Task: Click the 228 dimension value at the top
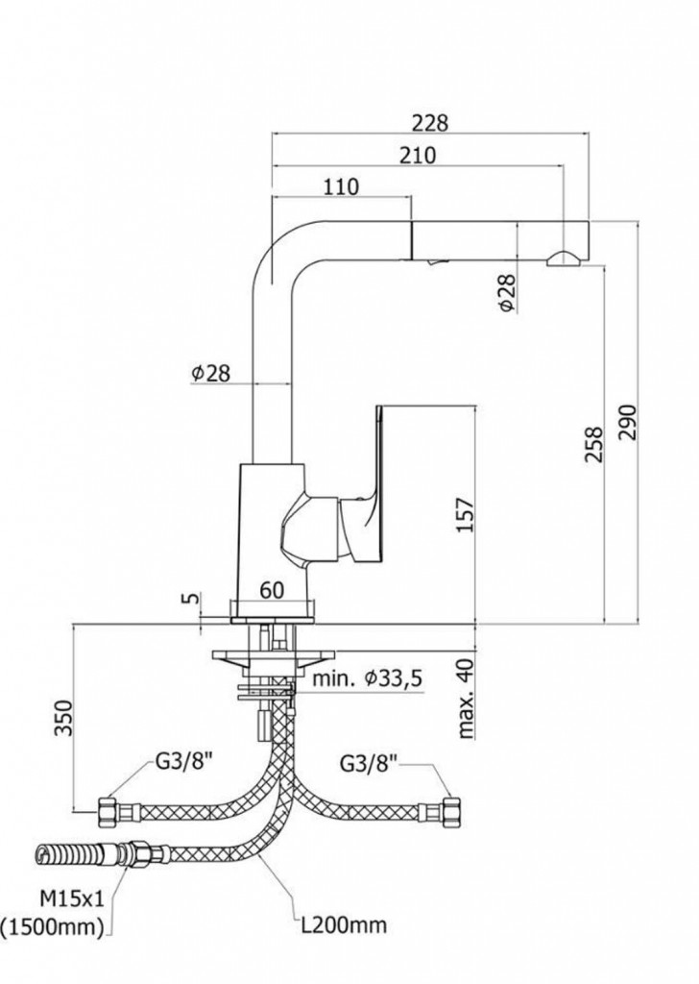coord(430,123)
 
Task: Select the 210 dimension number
coord(417,155)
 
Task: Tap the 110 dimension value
coord(341,186)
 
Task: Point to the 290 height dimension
coord(627,421)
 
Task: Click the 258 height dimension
coord(594,445)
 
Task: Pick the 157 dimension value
coord(465,515)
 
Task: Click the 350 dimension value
coord(64,717)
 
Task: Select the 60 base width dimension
coord(273,590)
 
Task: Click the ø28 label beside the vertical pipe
coord(210,374)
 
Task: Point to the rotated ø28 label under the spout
coord(506,292)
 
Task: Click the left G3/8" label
coord(183,765)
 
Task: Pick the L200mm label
coord(343,926)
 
